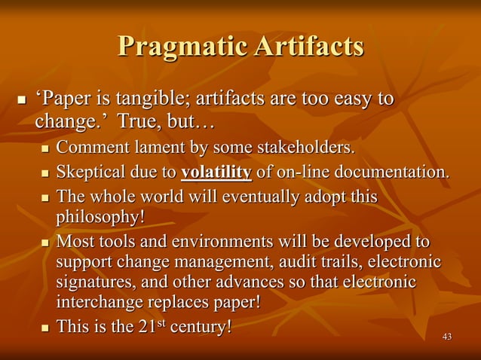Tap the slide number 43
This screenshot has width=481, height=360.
(447, 336)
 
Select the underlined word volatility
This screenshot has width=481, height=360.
(216, 172)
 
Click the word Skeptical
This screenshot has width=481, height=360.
(93, 172)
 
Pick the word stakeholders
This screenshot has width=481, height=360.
(305, 145)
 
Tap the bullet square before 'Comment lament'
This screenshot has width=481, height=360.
(44, 145)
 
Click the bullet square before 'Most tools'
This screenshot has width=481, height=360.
(44, 243)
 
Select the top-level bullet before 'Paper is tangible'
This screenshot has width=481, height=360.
(20, 99)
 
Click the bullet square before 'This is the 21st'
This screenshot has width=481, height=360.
(44, 330)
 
